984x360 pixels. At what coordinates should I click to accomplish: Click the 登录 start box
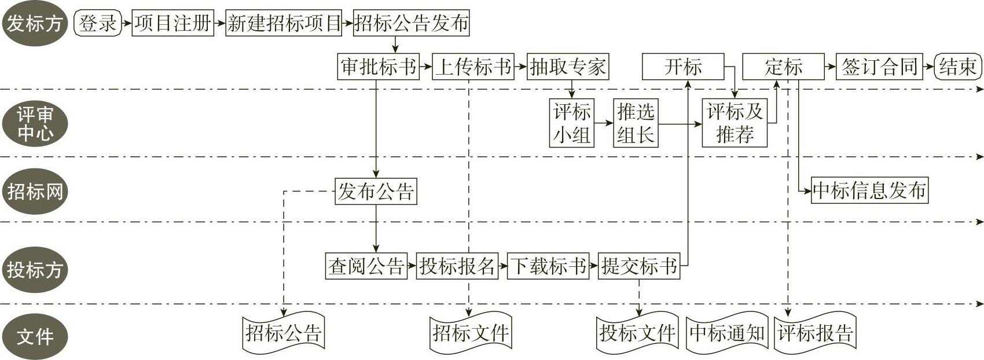pos(98,24)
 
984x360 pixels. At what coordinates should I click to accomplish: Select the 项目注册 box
pos(172,24)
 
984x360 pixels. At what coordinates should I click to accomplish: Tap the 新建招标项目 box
pos(284,24)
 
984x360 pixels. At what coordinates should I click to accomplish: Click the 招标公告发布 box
pos(411,24)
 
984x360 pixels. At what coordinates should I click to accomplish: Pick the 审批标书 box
pos(379,67)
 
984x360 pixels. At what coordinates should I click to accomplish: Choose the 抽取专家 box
pos(567,67)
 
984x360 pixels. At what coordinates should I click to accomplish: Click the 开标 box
pos(683,67)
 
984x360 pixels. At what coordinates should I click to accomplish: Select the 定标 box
pos(783,67)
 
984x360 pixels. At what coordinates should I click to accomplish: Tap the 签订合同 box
pos(880,67)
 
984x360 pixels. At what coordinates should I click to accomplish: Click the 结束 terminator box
pos(958,67)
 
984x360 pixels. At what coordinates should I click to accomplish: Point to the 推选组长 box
pos(636,123)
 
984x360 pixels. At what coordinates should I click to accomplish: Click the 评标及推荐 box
pos(735,123)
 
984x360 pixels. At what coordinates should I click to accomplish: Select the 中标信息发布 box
pos(869,190)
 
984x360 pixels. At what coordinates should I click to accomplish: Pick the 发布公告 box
pos(376,191)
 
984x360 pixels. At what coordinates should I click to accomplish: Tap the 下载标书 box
pos(548,266)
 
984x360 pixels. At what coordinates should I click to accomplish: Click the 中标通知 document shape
pos(727,333)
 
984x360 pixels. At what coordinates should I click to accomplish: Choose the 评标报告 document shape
pos(815,333)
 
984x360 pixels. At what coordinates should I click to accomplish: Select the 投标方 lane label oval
pos(35,269)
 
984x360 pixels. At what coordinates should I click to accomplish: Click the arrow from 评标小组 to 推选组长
pos(604,123)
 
